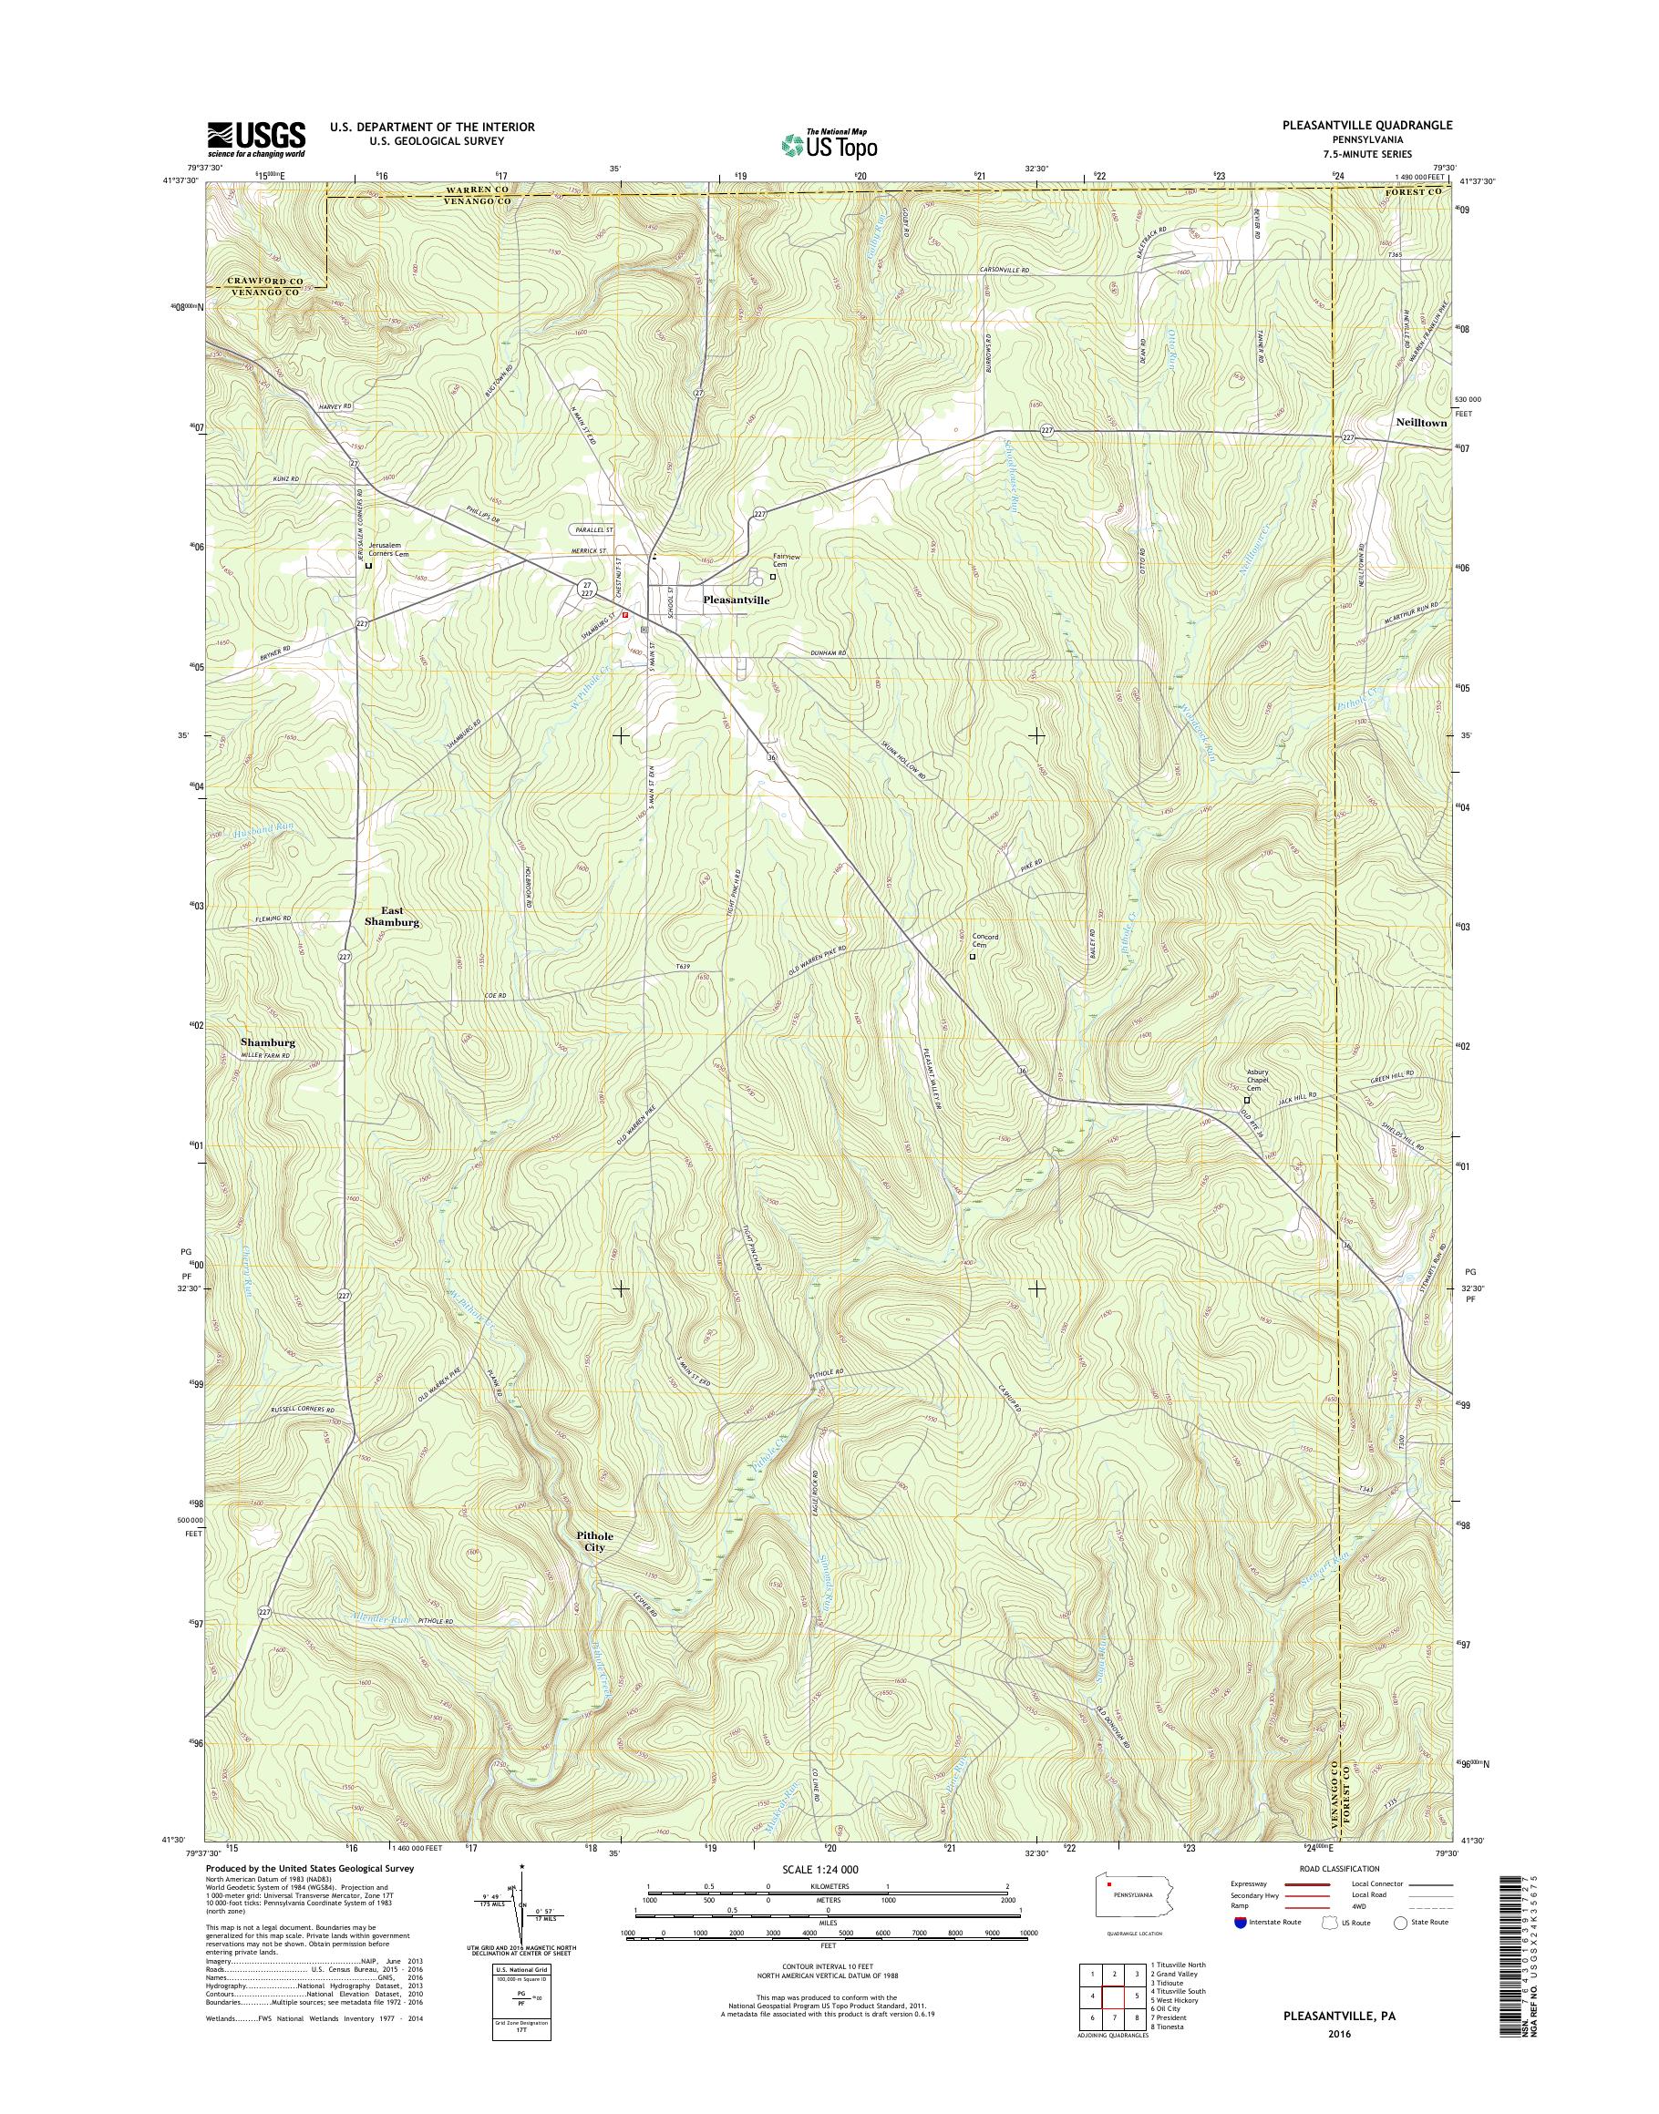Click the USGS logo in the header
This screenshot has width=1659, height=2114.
(255, 139)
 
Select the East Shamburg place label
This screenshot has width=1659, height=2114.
(391, 916)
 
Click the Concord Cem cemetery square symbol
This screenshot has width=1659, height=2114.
(973, 956)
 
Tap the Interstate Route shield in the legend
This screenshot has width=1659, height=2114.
(1239, 1922)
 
